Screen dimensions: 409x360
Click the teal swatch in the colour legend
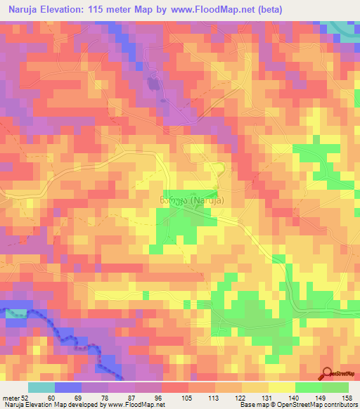coord(41,388)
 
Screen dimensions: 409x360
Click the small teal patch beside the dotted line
coord(16,313)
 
